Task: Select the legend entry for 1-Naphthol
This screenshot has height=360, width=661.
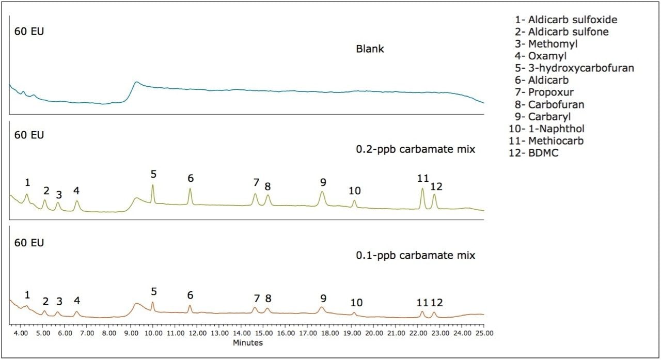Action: pos(549,129)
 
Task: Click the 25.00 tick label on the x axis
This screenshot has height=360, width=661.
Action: pos(483,334)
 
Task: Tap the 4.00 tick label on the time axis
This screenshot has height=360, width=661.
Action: pos(21,334)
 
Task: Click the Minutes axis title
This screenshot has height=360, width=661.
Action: pos(248,342)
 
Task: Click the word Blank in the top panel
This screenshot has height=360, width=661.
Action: pos(370,50)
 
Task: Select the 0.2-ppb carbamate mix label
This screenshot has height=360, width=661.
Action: pos(416,150)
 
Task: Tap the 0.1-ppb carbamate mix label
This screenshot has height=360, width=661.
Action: pos(416,255)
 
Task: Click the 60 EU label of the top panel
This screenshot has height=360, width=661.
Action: pos(29,31)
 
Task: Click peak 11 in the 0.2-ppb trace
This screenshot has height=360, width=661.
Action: pos(422,189)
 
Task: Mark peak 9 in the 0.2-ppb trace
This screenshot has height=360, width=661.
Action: pos(322,193)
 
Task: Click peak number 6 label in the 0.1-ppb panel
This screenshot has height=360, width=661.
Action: pos(190,295)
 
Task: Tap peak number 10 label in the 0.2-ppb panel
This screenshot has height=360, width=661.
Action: pos(354,191)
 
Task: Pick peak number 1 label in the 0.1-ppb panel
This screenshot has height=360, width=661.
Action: pos(27,295)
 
